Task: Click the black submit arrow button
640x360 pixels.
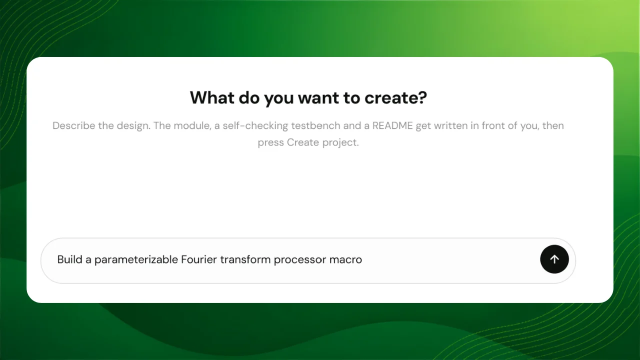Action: pyautogui.click(x=554, y=259)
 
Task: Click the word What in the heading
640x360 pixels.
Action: pyautogui.click(x=212, y=97)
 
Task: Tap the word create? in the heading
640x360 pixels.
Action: pyautogui.click(x=395, y=97)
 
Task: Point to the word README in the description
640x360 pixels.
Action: pyautogui.click(x=392, y=125)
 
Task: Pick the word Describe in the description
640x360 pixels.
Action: pyautogui.click(x=73, y=125)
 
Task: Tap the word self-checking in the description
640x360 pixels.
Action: pyautogui.click(x=255, y=126)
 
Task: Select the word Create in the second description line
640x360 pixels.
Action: pyautogui.click(x=303, y=142)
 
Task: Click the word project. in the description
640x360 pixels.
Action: pyautogui.click(x=340, y=142)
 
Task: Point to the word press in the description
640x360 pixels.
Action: pyautogui.click(x=271, y=143)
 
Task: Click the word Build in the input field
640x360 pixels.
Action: pyautogui.click(x=69, y=259)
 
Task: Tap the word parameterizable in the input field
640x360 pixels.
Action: pyautogui.click(x=136, y=259)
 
